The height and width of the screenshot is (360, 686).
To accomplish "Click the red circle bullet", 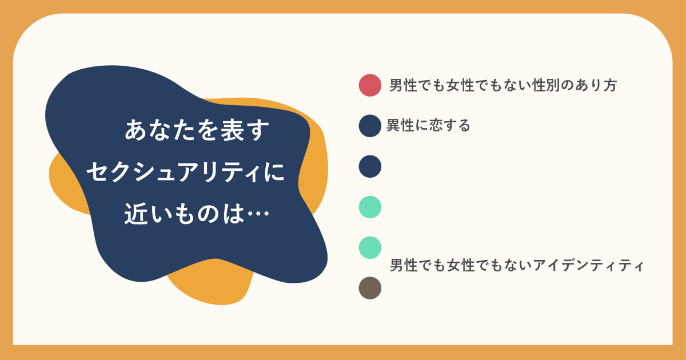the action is pyautogui.click(x=370, y=85).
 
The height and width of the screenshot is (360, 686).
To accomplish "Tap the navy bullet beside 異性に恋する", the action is pyautogui.click(x=370, y=126).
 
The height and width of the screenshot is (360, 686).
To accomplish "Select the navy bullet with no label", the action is pyautogui.click(x=370, y=166).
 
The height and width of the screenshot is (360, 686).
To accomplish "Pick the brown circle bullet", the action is pyautogui.click(x=370, y=288).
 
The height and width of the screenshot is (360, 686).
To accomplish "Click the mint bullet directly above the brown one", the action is pyautogui.click(x=370, y=247).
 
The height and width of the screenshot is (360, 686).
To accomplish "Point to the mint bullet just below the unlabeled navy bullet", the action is pyautogui.click(x=370, y=207).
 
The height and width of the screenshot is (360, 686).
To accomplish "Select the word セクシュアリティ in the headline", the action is pyautogui.click(x=174, y=172).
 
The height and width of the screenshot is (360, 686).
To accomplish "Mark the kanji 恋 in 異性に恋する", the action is pyautogui.click(x=436, y=126).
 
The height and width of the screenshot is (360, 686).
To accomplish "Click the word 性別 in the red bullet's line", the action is pyautogui.click(x=546, y=85).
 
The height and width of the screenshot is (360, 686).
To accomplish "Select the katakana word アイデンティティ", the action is pyautogui.click(x=588, y=265).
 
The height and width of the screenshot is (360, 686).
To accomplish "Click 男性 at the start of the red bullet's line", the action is pyautogui.click(x=403, y=85).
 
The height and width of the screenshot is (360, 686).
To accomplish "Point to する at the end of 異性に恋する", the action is pyautogui.click(x=456, y=126).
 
